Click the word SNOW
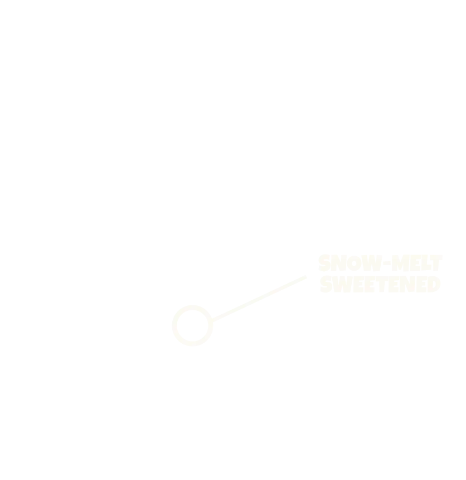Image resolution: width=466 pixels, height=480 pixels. pyautogui.click(x=350, y=263)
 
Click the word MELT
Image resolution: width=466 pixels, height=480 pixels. pyautogui.click(x=417, y=263)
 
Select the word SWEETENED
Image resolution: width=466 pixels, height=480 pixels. pyautogui.click(x=380, y=284)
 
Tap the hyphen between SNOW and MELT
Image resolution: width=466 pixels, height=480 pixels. pyautogui.click(x=387, y=263)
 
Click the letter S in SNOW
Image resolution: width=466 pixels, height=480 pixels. pyautogui.click(x=324, y=263)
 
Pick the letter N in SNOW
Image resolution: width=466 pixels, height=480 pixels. pyautogui.click(x=338, y=263)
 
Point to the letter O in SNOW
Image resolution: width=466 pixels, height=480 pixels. pyautogui.click(x=354, y=263)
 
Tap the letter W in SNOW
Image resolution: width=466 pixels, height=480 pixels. pyautogui.click(x=372, y=263)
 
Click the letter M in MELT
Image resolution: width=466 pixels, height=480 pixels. pyautogui.click(x=400, y=263)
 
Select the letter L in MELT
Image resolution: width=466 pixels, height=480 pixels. pyautogui.click(x=426, y=263)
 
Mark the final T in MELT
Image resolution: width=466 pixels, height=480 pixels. pyautogui.click(x=436, y=263)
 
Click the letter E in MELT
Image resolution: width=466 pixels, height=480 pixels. pyautogui.click(x=415, y=263)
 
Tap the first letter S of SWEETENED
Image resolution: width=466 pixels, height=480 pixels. pyautogui.click(x=326, y=284)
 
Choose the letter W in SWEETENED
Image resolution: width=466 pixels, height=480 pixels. pyautogui.click(x=342, y=284)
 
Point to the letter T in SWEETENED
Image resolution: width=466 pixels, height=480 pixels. pyautogui.click(x=382, y=284)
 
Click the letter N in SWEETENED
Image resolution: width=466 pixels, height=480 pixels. pyautogui.click(x=407, y=284)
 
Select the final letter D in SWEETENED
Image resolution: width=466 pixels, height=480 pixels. pyautogui.click(x=434, y=284)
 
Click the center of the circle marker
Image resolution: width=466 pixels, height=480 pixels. pyautogui.click(x=192, y=326)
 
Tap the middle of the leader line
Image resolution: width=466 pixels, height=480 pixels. pyautogui.click(x=259, y=299)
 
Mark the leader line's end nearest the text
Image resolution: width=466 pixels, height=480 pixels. pyautogui.click(x=306, y=277)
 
